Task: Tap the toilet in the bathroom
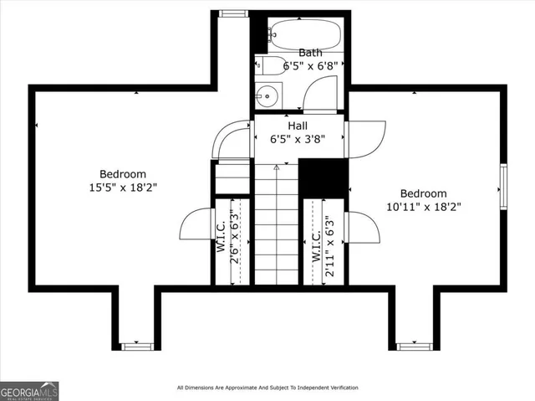[x=272, y=66]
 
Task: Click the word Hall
[x=298, y=126]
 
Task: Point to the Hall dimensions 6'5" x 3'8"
[x=298, y=140]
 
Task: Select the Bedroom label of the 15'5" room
[x=124, y=174]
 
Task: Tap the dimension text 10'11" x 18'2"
[x=422, y=206]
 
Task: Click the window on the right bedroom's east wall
[x=504, y=186]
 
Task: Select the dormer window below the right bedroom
[x=412, y=345]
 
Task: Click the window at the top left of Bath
[x=232, y=13]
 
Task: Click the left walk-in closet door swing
[x=195, y=224]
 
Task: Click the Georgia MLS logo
[x=29, y=391]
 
